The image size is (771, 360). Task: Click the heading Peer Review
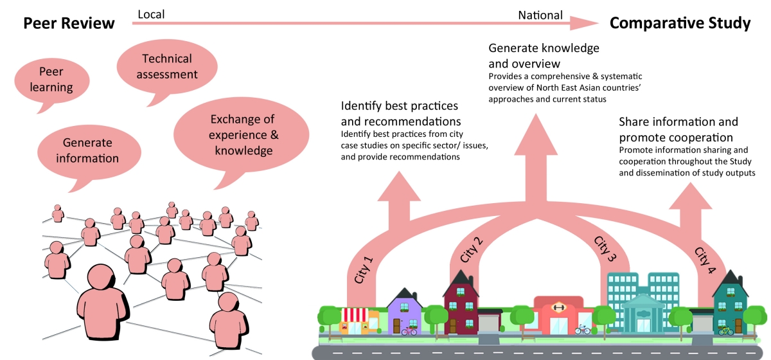(x=69, y=24)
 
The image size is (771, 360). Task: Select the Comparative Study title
(x=680, y=24)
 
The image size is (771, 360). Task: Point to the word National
(x=540, y=15)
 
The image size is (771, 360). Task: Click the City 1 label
(x=364, y=271)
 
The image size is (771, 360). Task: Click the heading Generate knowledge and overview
(x=544, y=56)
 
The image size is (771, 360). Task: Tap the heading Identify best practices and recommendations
(x=401, y=113)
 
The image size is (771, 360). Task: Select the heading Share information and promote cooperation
(x=678, y=129)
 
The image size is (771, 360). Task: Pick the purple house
(x=403, y=312)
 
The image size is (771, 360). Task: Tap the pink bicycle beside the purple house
(x=409, y=331)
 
